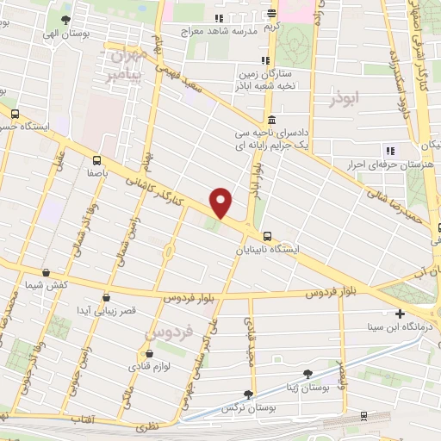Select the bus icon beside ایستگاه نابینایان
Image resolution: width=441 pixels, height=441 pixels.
[x=269, y=235]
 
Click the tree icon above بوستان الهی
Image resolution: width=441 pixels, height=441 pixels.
[x=66, y=17]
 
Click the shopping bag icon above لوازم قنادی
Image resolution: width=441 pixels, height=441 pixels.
[x=149, y=353]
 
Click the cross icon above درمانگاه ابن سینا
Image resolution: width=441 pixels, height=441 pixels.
[x=398, y=314]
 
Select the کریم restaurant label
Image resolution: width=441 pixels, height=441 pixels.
[x=273, y=27]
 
